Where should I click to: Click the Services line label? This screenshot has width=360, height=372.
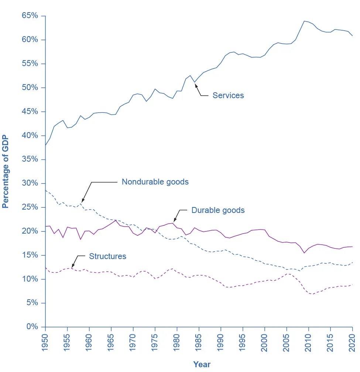coord(228,96)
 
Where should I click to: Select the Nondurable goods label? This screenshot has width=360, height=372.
coord(155,182)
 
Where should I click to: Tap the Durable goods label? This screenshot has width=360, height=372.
coord(218,210)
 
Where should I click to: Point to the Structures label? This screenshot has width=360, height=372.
coord(107,256)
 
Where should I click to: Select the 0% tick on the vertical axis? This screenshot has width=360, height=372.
coord(32,327)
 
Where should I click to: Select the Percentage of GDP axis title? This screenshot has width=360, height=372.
coord(6,172)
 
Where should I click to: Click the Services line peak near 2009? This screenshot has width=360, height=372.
coord(304,21)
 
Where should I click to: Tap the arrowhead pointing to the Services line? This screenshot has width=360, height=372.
coord(196,85)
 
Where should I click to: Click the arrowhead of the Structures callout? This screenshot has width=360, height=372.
coord(72,267)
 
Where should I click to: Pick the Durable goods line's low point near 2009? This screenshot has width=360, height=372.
coord(304,253)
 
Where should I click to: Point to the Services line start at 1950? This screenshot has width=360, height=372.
coord(45,145)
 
